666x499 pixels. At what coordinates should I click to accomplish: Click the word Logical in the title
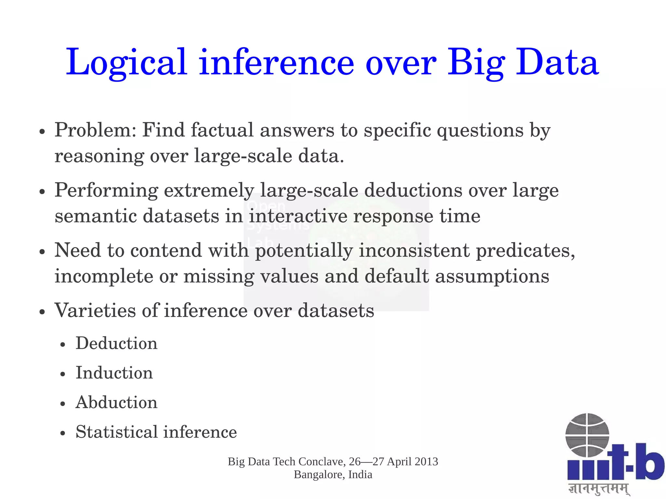pos(127,62)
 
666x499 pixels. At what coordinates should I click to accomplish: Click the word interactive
pos(298,216)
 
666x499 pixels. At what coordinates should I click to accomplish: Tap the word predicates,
pos(526,251)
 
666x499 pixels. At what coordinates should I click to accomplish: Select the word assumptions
pos(492,276)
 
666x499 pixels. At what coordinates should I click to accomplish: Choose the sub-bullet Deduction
pos(116,343)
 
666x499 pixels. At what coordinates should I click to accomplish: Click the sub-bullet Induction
pos(114,373)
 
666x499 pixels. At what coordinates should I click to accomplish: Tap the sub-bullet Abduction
pos(116,402)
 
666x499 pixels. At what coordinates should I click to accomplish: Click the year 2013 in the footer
pos(426,462)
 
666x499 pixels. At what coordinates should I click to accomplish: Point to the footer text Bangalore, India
pos(333,475)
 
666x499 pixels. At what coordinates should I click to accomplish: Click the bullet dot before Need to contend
pos(42,252)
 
